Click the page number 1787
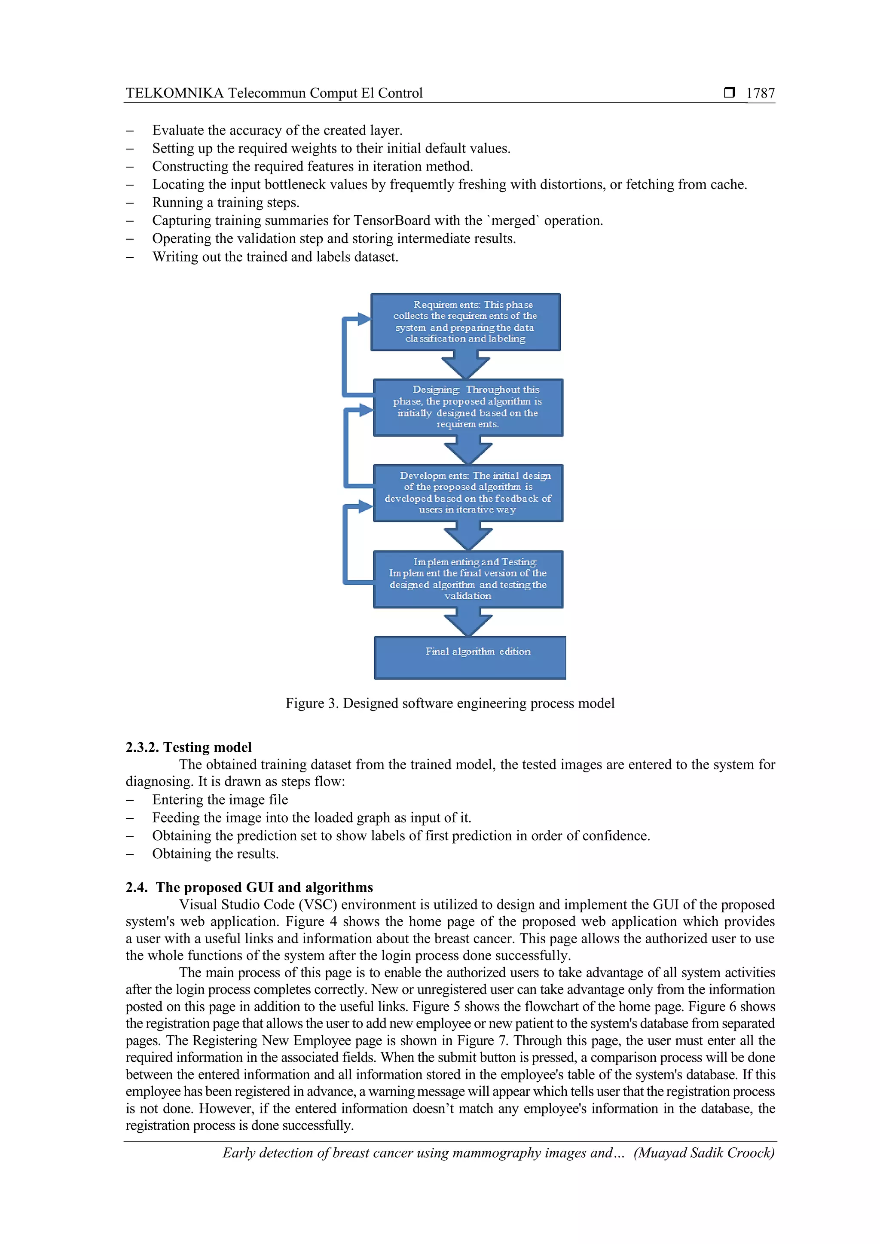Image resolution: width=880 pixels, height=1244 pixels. click(x=760, y=93)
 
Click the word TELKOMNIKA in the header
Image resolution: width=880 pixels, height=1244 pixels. click(x=174, y=93)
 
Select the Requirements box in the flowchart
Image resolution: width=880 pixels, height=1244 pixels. click(x=465, y=322)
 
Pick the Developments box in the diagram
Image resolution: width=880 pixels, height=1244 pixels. click(x=467, y=493)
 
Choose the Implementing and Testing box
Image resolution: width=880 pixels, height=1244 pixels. click(x=467, y=579)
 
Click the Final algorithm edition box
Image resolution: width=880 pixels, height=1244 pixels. click(x=470, y=657)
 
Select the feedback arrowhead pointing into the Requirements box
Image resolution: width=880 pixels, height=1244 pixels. click(x=364, y=319)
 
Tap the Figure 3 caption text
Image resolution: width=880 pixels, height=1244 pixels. click(x=450, y=703)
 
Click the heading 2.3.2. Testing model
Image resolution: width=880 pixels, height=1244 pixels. click(x=189, y=747)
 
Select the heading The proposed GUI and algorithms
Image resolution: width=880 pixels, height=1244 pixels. click(x=264, y=887)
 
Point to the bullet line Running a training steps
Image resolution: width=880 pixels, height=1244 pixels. click(x=226, y=203)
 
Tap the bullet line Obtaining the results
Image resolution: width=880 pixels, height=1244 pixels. click(x=215, y=854)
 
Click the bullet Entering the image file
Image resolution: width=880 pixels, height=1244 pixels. click(x=220, y=800)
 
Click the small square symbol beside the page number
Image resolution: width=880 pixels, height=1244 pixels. click(x=729, y=93)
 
